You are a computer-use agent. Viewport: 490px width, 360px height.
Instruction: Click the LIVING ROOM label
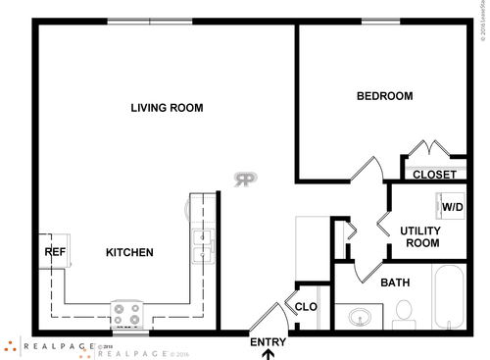point(167,108)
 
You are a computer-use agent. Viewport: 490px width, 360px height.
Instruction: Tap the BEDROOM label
point(384,96)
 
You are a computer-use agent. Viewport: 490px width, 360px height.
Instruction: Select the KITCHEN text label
point(129,253)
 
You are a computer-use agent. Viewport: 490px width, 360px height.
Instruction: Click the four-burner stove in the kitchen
point(127,314)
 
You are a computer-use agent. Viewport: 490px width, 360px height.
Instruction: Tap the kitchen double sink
point(203,246)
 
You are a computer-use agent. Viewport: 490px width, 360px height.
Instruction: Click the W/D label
point(452,208)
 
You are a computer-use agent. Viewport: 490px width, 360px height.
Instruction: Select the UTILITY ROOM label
point(419,236)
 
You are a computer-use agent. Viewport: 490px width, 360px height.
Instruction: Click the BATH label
point(395,283)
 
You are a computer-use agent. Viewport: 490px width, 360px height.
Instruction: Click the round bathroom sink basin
point(360,317)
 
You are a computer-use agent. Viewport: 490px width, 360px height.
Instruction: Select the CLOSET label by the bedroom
point(433,175)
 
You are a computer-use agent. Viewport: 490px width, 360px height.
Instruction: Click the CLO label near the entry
point(306,307)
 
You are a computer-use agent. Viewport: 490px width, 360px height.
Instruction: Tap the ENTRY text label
point(269,341)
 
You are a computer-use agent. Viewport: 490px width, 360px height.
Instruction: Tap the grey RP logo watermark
point(245,179)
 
